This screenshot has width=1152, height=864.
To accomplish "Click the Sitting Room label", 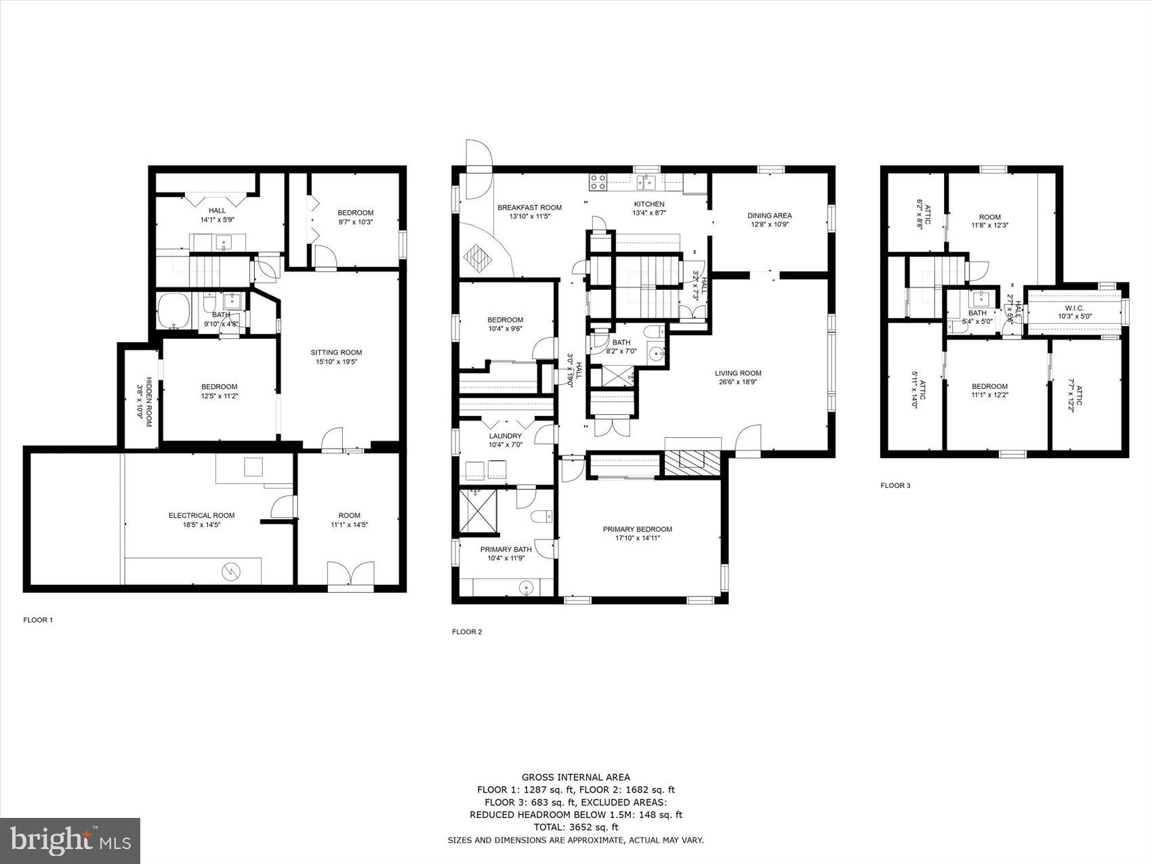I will [x=336, y=352].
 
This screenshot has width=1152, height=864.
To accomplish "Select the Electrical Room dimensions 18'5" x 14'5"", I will [x=201, y=524].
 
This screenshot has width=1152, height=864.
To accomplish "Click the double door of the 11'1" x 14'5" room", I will [x=350, y=575].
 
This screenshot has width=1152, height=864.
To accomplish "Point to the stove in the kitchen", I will [x=598, y=181].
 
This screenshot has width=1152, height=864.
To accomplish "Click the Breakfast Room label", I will [x=529, y=207].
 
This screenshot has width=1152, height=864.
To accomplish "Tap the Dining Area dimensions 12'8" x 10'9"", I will [x=769, y=224].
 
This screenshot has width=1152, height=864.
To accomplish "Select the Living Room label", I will [x=738, y=373].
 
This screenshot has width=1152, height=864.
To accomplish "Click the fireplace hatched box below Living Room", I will [x=693, y=464].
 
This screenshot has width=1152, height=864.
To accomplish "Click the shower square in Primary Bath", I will [x=478, y=510].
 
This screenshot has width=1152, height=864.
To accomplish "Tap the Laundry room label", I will [x=506, y=436].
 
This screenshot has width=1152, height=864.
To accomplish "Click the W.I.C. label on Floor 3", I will [x=1074, y=308].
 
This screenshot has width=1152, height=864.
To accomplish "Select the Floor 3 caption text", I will [x=895, y=485].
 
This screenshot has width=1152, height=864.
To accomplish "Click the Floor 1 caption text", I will [x=38, y=619].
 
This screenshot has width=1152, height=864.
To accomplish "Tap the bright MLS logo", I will [x=70, y=841].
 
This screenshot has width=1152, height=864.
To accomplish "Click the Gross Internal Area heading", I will [x=575, y=777].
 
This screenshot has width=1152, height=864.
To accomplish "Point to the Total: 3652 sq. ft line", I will [x=575, y=827].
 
